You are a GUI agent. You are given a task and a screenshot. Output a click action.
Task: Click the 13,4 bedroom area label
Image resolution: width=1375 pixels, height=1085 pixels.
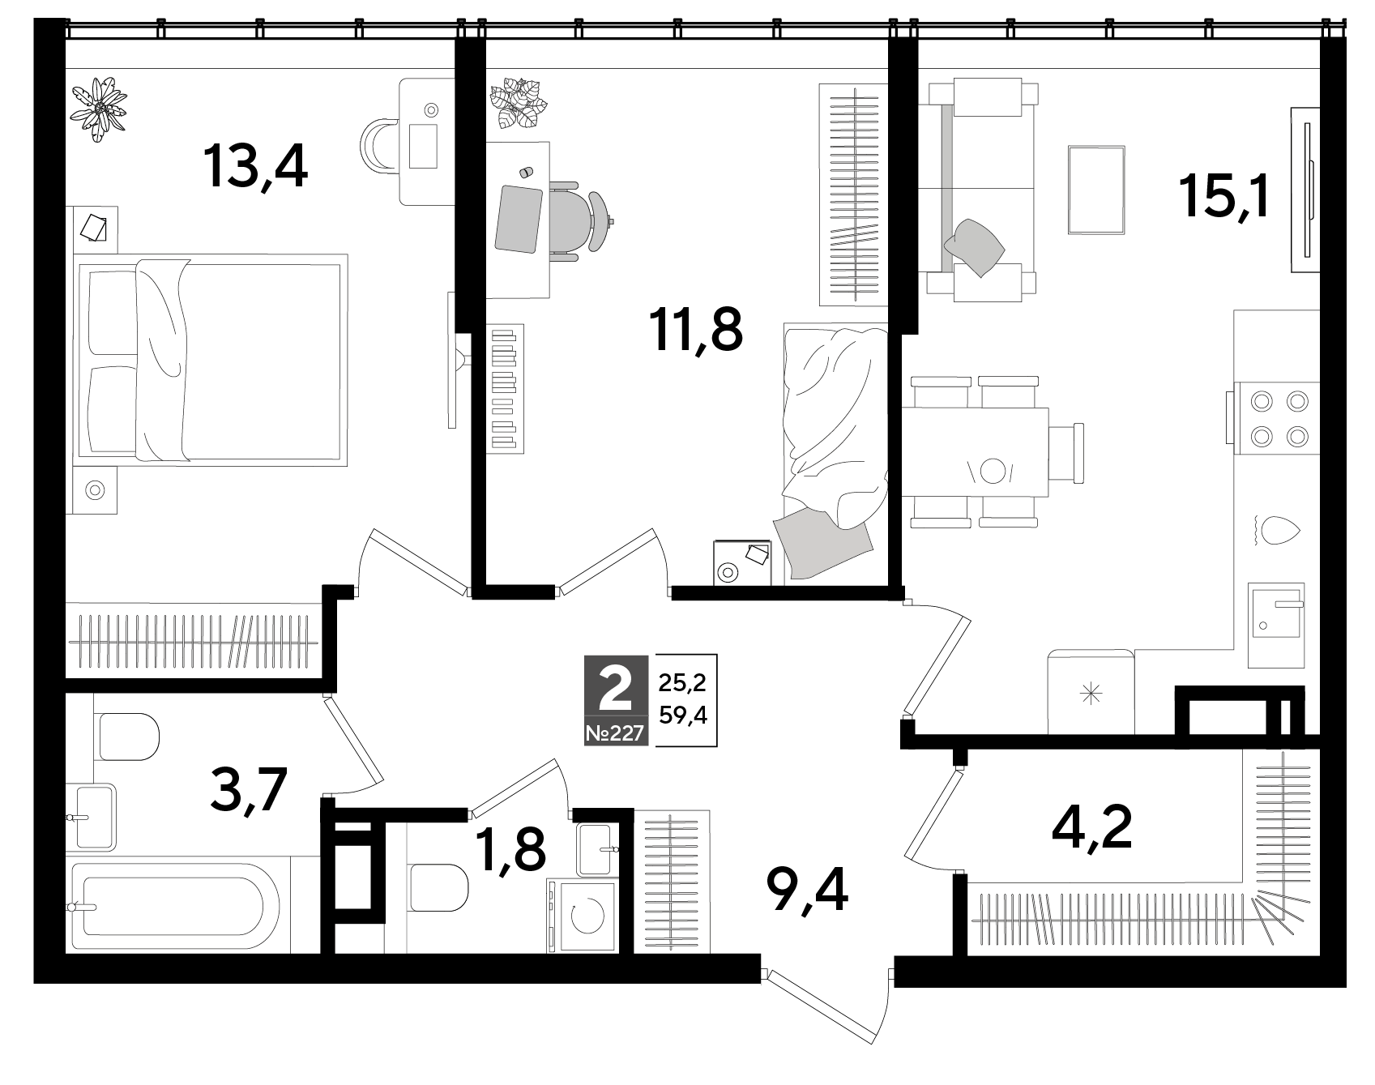pyautogui.click(x=256, y=167)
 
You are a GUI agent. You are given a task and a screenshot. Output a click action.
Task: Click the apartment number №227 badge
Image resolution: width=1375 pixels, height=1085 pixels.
pyautogui.click(x=615, y=734)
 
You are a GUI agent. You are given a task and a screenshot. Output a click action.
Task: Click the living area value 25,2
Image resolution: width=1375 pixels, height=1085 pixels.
pyautogui.click(x=682, y=682)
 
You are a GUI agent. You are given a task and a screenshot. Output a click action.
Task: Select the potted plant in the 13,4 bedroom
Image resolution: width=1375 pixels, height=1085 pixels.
pyautogui.click(x=99, y=109)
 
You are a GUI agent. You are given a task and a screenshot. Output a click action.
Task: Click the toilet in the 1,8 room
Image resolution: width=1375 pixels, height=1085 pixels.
pyautogui.click(x=438, y=886)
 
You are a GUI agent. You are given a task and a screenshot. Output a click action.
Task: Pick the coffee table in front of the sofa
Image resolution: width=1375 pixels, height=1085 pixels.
pyautogui.click(x=1096, y=190)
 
